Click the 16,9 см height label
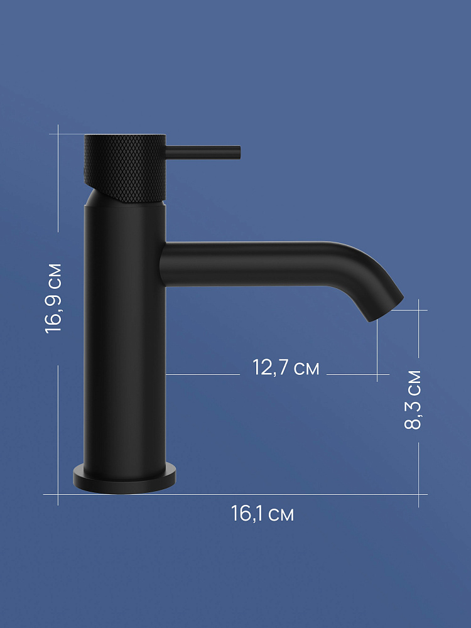53,298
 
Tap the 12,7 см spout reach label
286,367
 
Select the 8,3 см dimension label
413,400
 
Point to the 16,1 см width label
263,513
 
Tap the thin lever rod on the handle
203,152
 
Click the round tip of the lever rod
239,152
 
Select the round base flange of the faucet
124,479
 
